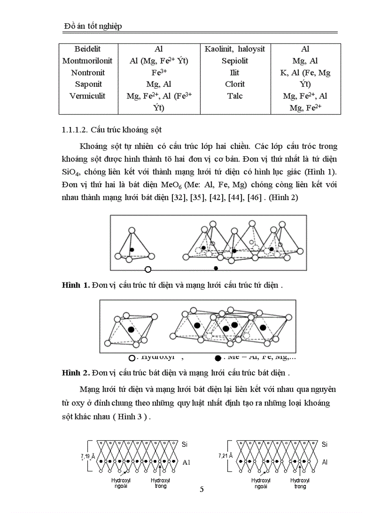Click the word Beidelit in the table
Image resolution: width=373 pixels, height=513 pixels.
tap(88, 49)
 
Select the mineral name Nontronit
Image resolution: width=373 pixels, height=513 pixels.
tap(88, 73)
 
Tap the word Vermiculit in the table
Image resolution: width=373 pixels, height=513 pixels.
tap(88, 96)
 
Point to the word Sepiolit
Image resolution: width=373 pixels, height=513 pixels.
tap(234, 61)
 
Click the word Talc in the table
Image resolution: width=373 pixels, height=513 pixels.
tap(234, 96)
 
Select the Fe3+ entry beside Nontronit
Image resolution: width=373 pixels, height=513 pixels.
tap(159, 72)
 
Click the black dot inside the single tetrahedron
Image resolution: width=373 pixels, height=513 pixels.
tap(132, 250)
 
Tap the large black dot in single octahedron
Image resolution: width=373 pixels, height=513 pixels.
tap(131, 329)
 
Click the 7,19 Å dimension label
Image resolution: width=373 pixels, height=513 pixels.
tap(87, 456)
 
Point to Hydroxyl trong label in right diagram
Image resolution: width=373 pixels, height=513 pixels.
tap(300, 483)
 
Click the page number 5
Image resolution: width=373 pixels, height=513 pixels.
tap(202, 490)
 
